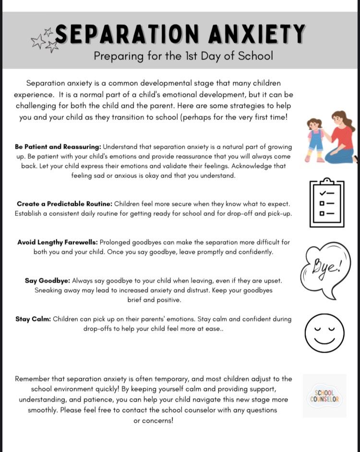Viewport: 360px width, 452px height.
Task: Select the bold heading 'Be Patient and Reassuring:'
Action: pos(58,147)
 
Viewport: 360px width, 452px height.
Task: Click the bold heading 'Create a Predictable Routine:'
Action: pos(64,204)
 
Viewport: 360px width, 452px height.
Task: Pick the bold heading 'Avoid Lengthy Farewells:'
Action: pos(57,242)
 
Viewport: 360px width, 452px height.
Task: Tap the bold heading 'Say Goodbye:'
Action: pos(48,281)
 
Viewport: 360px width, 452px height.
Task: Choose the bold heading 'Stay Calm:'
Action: pos(33,319)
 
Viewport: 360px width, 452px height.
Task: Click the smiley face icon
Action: pos(324,333)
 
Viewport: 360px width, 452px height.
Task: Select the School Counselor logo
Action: pos(324,396)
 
